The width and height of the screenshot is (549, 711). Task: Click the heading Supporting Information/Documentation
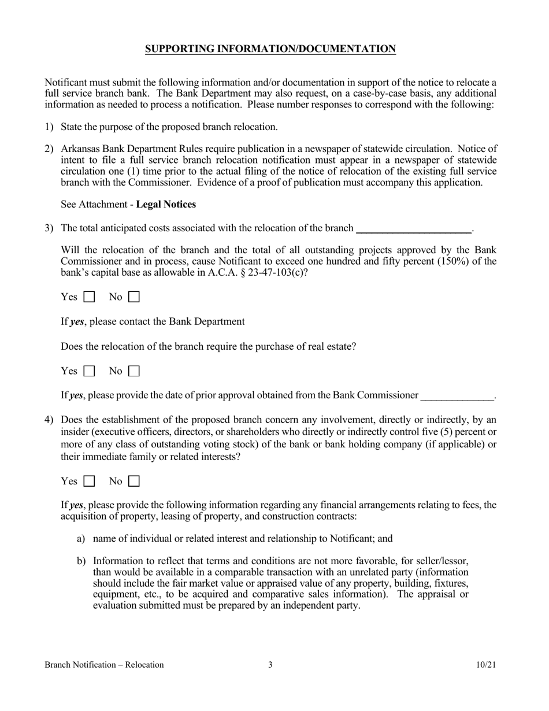coord(270,49)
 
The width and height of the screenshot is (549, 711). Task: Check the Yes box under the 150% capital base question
coord(90,297)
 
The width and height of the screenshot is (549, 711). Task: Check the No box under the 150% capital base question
coord(134,297)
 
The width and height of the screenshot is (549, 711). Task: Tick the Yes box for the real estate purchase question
coord(90,371)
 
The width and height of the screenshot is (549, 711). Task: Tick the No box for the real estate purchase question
coord(134,371)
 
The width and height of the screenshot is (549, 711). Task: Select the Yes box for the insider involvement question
coord(90,481)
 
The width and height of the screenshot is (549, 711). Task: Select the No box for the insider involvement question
coord(134,481)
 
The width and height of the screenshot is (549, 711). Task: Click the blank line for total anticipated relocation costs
coord(414,228)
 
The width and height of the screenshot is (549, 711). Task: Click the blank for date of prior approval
coord(457,396)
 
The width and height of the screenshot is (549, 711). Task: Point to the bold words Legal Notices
coord(166,204)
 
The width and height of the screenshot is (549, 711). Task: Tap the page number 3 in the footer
coord(270,665)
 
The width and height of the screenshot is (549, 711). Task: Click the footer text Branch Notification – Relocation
coord(104,665)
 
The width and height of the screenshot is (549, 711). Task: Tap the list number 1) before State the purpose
coord(49,127)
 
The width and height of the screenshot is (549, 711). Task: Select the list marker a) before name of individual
coord(81,539)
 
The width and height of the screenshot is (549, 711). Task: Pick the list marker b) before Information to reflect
coord(81,561)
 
